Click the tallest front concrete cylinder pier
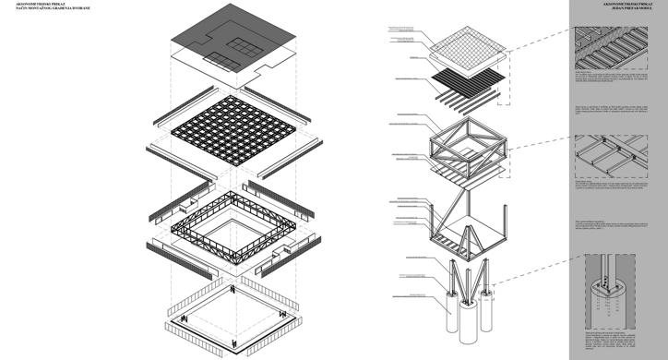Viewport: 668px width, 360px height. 462,323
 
